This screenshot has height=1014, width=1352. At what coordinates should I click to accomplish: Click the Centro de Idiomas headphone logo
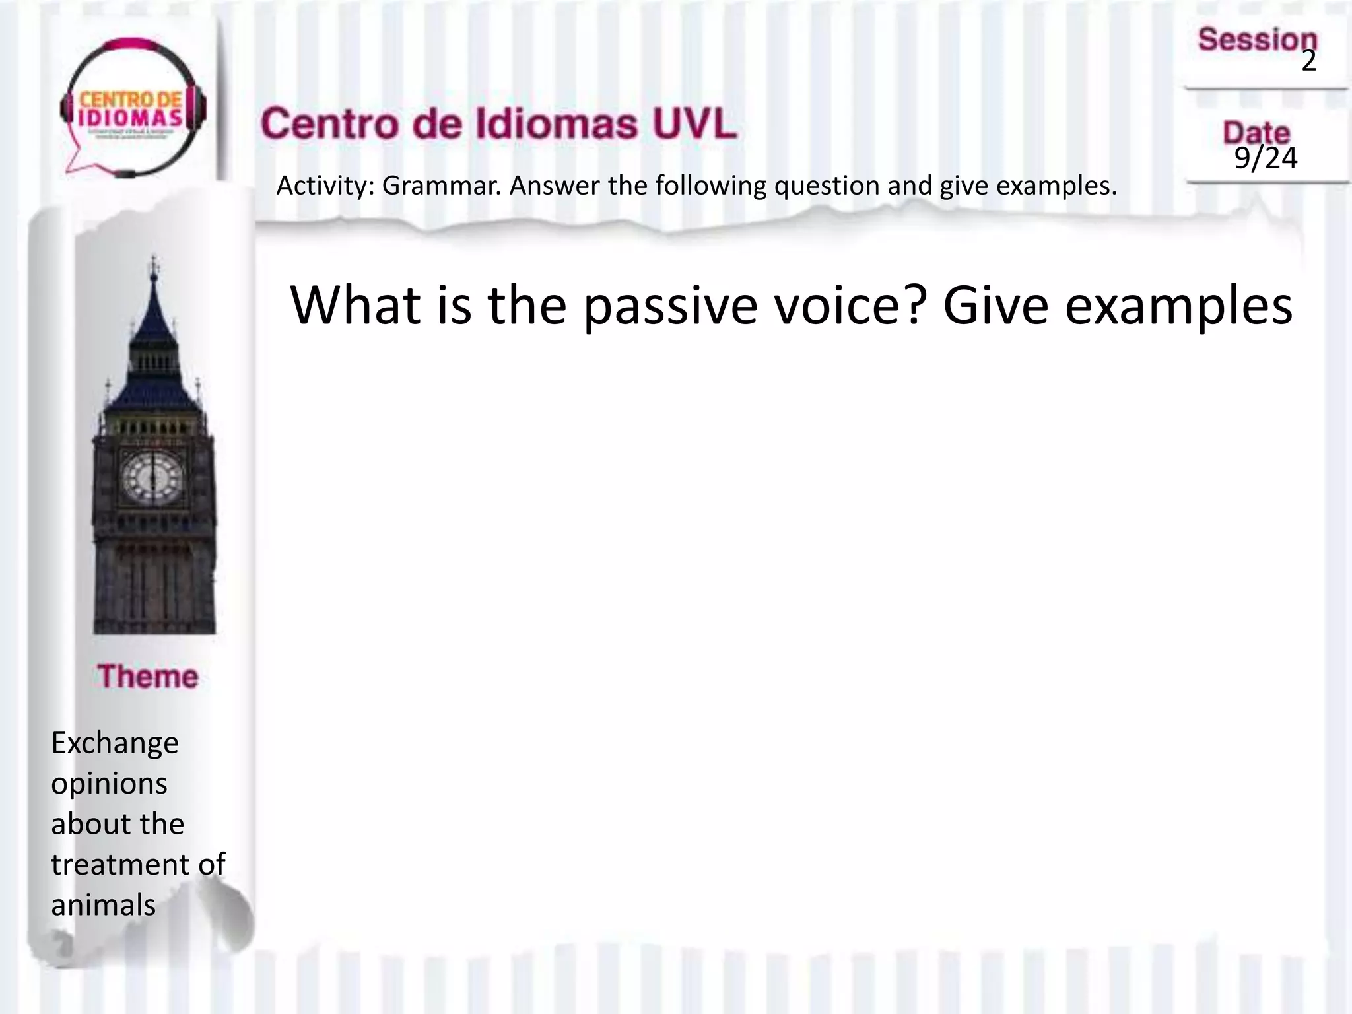pyautogui.click(x=132, y=109)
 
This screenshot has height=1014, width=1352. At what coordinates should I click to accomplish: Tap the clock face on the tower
pyautogui.click(x=153, y=477)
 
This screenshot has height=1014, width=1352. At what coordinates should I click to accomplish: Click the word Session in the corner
pyautogui.click(x=1257, y=40)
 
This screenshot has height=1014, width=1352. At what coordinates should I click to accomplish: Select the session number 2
pyautogui.click(x=1308, y=61)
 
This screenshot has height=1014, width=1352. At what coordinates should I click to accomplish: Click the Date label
pyautogui.click(x=1256, y=133)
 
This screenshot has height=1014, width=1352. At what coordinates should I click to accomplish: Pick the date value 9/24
pyautogui.click(x=1266, y=158)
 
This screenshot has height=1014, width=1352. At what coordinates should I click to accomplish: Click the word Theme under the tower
pyautogui.click(x=148, y=677)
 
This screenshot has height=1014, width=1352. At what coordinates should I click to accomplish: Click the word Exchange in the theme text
pyautogui.click(x=115, y=743)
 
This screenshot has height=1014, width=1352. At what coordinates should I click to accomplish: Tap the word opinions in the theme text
pyautogui.click(x=109, y=784)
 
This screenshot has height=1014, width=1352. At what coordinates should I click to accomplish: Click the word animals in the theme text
pyautogui.click(x=104, y=905)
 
